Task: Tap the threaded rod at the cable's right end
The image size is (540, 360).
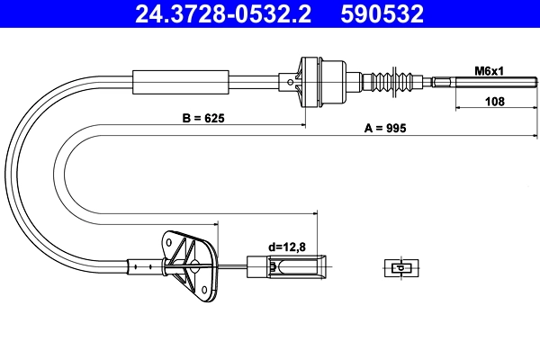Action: [x=487, y=84]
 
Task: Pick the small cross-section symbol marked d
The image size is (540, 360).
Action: [x=398, y=266]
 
